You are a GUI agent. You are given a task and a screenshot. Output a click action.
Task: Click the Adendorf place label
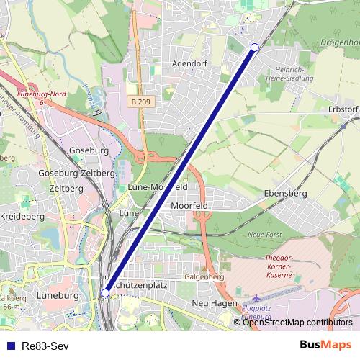[x=189, y=63]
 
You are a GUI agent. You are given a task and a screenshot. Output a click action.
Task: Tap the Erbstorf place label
[x=343, y=109]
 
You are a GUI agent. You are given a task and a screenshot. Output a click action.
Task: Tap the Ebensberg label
[x=285, y=194]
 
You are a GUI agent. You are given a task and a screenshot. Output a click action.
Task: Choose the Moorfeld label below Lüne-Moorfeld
[x=190, y=205]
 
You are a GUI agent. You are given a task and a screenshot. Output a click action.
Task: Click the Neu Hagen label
[x=210, y=303]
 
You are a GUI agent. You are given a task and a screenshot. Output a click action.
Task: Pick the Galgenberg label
[x=205, y=276]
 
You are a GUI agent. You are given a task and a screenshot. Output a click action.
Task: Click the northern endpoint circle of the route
[x=254, y=48]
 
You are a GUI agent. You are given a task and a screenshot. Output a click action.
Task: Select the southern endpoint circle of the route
[x=106, y=293]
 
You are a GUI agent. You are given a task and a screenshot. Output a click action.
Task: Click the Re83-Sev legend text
[x=44, y=345]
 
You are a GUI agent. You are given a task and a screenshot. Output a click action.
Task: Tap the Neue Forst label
[x=264, y=235]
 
